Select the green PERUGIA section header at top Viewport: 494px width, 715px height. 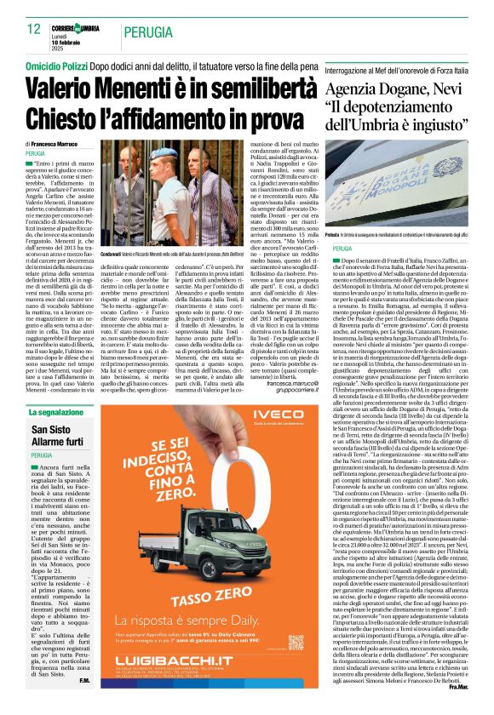pos(146,32)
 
